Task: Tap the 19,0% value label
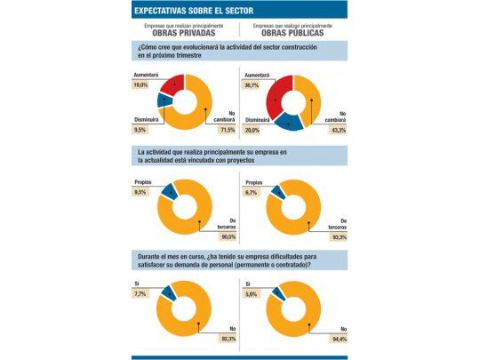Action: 140,85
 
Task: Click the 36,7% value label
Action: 254,85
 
